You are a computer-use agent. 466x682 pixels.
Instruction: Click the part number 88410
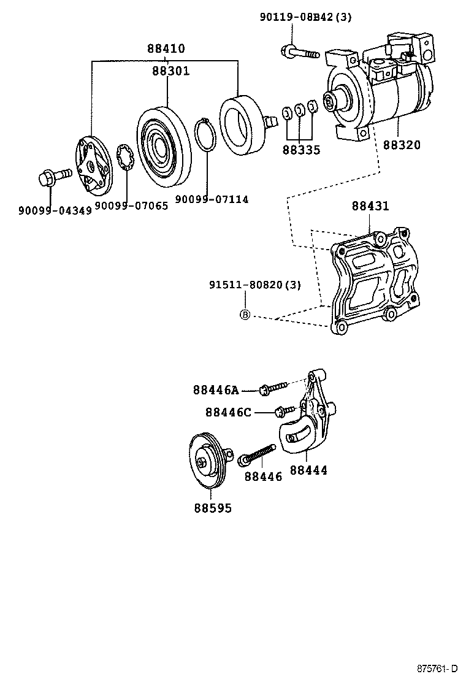(x=166, y=49)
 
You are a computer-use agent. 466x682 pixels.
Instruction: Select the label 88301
(x=170, y=71)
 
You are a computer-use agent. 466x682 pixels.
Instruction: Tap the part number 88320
(x=402, y=145)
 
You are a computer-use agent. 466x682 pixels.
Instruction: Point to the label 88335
(x=301, y=149)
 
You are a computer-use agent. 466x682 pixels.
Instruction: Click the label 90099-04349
(x=55, y=210)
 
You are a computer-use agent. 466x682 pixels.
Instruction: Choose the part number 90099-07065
(x=131, y=206)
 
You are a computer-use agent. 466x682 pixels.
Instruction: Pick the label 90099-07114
(x=212, y=199)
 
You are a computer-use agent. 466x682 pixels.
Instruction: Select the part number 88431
(x=370, y=206)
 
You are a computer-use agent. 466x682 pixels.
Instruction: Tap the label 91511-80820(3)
(x=254, y=285)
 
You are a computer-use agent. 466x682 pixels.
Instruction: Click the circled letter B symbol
(x=244, y=315)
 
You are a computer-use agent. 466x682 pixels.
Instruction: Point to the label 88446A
(x=215, y=389)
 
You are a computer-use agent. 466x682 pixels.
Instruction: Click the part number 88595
(x=213, y=508)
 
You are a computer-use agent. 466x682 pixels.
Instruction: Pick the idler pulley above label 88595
(x=207, y=461)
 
